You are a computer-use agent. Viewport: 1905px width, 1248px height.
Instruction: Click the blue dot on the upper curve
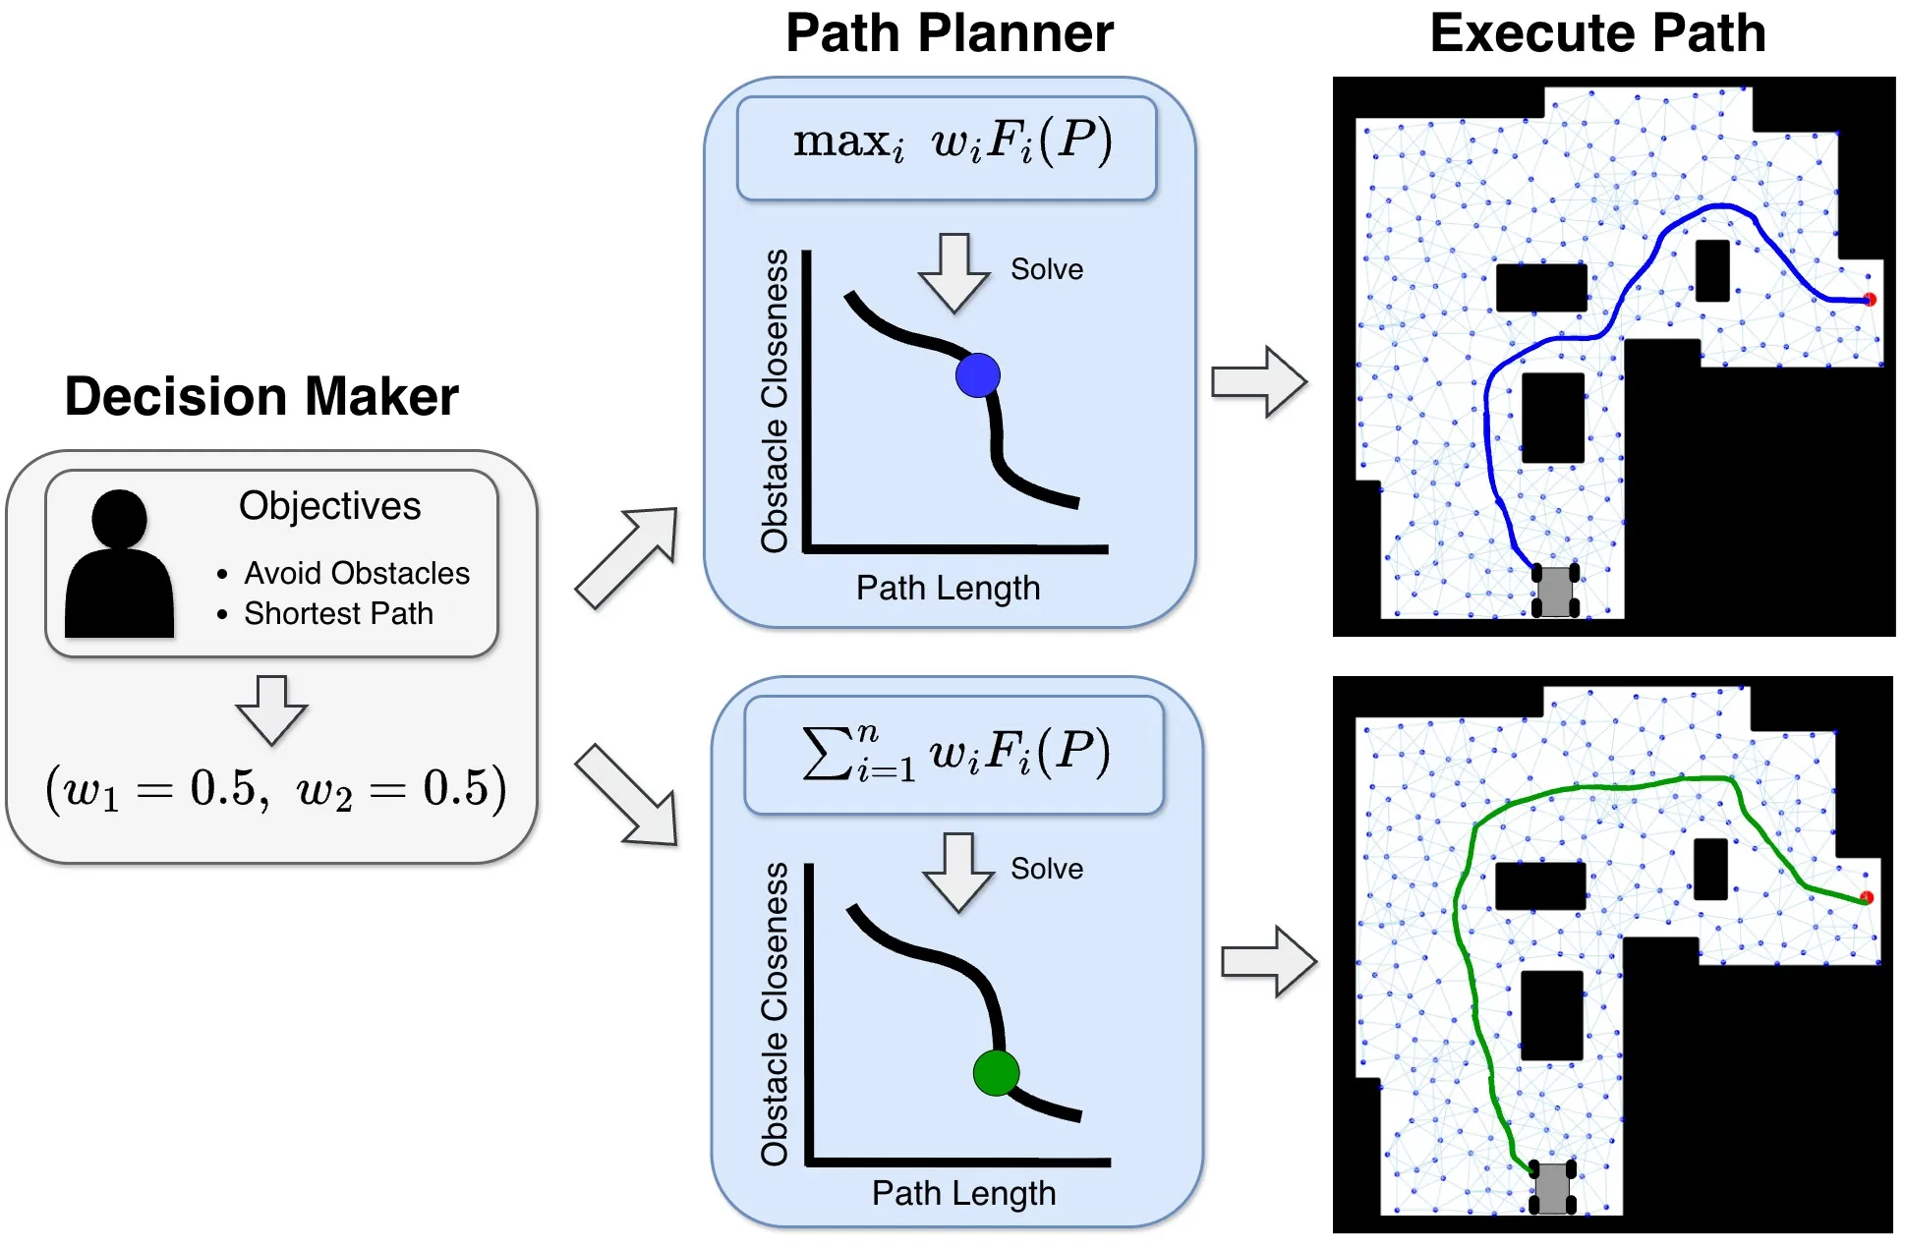coord(977,375)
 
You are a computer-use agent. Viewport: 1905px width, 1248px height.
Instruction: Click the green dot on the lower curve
coord(996,1072)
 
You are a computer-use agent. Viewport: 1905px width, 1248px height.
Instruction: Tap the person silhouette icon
coord(119,565)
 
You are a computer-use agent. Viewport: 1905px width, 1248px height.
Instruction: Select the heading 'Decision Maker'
coord(261,397)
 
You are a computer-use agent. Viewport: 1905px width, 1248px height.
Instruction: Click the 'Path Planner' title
coord(949,33)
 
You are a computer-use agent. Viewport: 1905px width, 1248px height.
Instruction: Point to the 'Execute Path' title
coord(1597,33)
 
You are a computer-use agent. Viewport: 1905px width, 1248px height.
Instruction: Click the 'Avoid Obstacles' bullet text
coord(357,573)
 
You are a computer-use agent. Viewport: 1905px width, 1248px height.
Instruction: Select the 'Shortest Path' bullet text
coord(338,613)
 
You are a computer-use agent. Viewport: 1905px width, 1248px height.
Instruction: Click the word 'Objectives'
coord(329,506)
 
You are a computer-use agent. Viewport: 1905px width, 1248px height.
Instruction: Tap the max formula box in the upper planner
coord(947,147)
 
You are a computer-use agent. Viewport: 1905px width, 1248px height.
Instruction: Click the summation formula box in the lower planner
coord(953,755)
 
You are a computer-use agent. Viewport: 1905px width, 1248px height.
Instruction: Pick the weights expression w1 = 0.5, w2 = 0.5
coord(275,788)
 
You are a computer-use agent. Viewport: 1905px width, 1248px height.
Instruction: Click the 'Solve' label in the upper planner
coord(1047,269)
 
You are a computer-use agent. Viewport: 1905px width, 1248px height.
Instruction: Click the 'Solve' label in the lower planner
coord(1047,869)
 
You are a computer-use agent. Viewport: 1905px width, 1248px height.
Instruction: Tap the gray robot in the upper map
coord(1555,591)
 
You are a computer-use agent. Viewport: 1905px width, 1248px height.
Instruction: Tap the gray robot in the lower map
coord(1553,1188)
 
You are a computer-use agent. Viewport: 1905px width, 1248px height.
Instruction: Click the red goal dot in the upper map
coord(1870,300)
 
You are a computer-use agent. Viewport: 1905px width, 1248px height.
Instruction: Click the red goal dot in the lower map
coord(1867,897)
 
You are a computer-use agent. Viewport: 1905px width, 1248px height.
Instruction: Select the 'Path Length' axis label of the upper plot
coord(948,588)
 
